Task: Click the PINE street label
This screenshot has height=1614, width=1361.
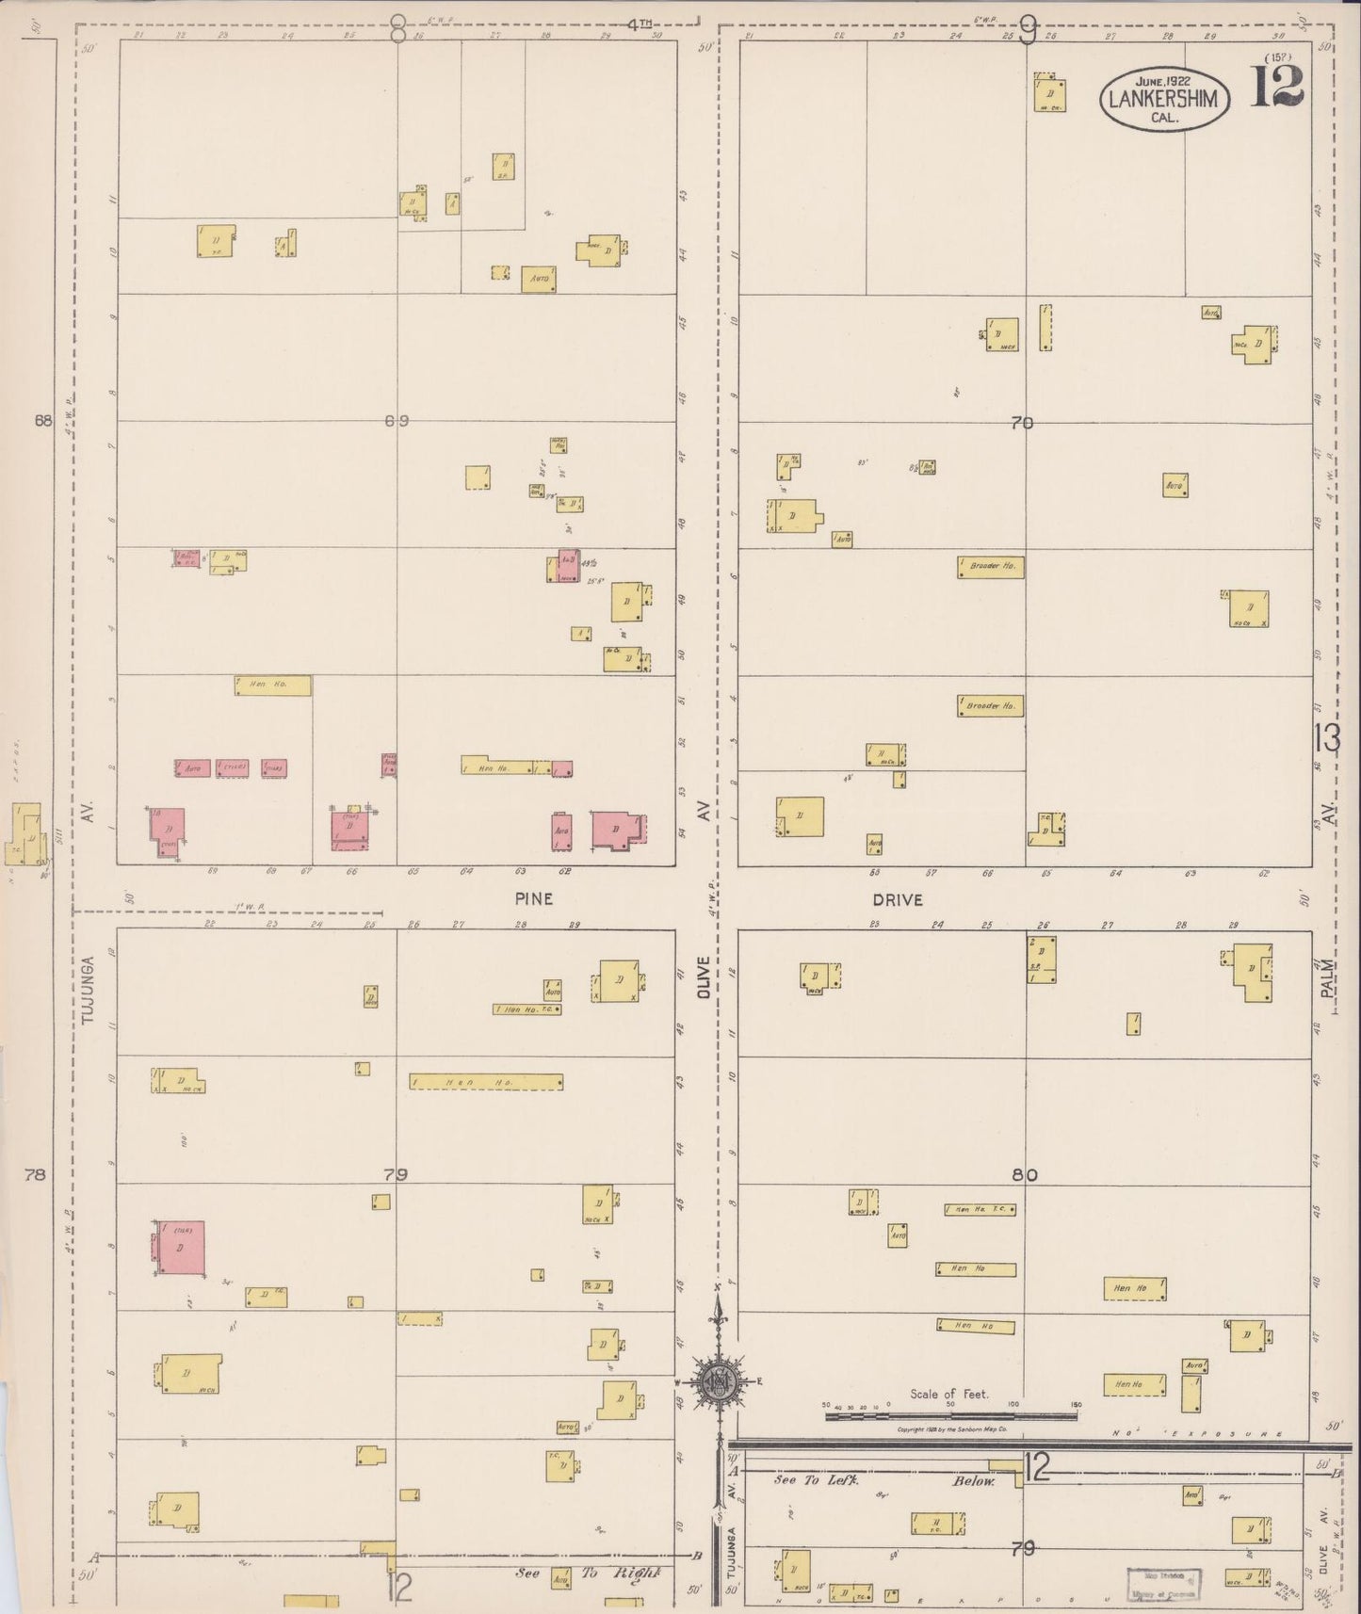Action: pyautogui.click(x=533, y=899)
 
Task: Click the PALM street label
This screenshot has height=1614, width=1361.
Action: pyautogui.click(x=1328, y=983)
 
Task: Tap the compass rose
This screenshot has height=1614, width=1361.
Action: pyautogui.click(x=719, y=1380)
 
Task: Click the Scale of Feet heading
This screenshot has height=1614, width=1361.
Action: pyautogui.click(x=949, y=1394)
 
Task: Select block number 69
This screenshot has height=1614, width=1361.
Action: pyautogui.click(x=397, y=421)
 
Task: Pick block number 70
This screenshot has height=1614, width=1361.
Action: pyautogui.click(x=1022, y=424)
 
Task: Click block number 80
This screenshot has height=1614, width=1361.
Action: pyautogui.click(x=1024, y=1174)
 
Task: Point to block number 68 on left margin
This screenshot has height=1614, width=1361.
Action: pyautogui.click(x=41, y=422)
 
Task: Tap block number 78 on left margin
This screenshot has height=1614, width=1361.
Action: pyautogui.click(x=36, y=1174)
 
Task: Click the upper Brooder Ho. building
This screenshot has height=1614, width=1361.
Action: pyautogui.click(x=991, y=568)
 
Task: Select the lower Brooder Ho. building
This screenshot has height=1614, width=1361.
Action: pyautogui.click(x=990, y=705)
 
